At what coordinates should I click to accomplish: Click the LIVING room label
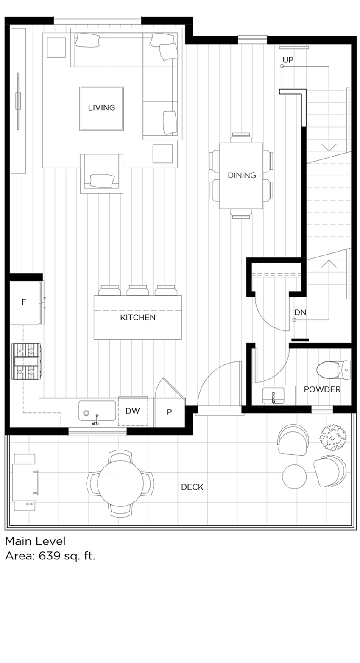(101, 108)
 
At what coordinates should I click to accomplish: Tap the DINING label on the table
(242, 175)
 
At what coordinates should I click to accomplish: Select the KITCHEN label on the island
(137, 317)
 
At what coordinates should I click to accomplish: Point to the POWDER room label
(322, 389)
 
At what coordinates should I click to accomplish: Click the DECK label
(192, 487)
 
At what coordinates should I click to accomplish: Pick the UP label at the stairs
(288, 60)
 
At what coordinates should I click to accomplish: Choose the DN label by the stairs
(300, 313)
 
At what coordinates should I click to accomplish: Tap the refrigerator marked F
(24, 302)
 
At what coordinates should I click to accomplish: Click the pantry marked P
(169, 412)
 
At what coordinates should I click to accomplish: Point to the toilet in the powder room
(333, 369)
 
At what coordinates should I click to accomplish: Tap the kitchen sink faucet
(96, 420)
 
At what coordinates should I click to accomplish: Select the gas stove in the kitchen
(27, 361)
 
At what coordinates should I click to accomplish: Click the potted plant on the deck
(333, 437)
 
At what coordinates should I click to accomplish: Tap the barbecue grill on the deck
(25, 482)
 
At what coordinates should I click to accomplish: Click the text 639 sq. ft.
(67, 556)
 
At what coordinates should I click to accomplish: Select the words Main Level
(35, 541)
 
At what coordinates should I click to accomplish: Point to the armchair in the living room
(102, 174)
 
